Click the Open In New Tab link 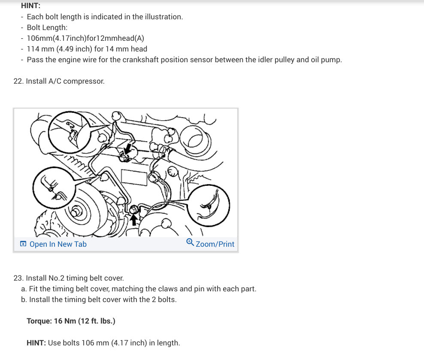tap(58, 244)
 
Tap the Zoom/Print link tap(215, 244)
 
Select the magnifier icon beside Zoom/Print tap(191, 243)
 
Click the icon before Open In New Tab tap(23, 244)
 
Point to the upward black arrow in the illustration tap(134, 219)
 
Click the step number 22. tap(18, 81)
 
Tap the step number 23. tap(18, 278)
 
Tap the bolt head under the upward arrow tap(134, 209)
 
